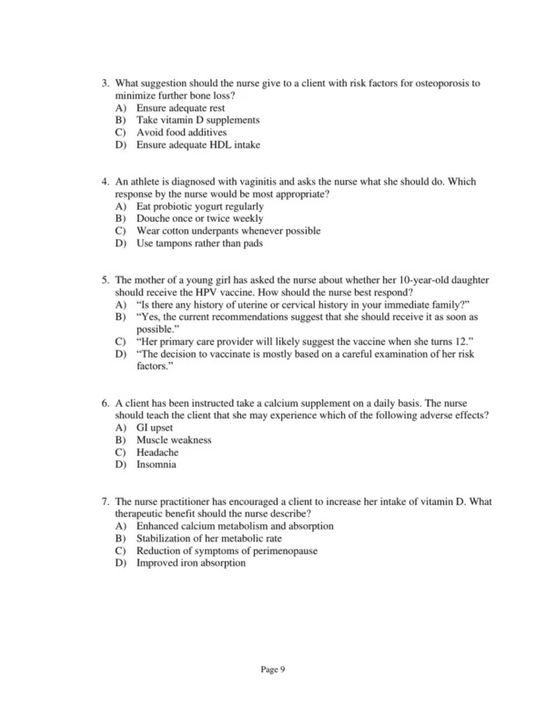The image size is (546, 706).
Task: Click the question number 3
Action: coord(104,83)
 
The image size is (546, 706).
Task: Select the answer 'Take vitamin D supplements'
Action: coord(197,119)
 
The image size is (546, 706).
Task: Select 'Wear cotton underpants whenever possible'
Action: coord(228,231)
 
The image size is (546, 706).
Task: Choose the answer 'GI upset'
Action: coord(155,428)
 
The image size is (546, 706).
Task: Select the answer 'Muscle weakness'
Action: coord(174,439)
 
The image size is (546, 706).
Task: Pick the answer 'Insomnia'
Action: coord(157,464)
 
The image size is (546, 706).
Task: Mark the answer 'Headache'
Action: coord(157,452)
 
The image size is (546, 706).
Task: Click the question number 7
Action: coord(104,501)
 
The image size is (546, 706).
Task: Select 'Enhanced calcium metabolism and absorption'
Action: coord(235,526)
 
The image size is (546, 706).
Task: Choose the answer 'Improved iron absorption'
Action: coord(191,562)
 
